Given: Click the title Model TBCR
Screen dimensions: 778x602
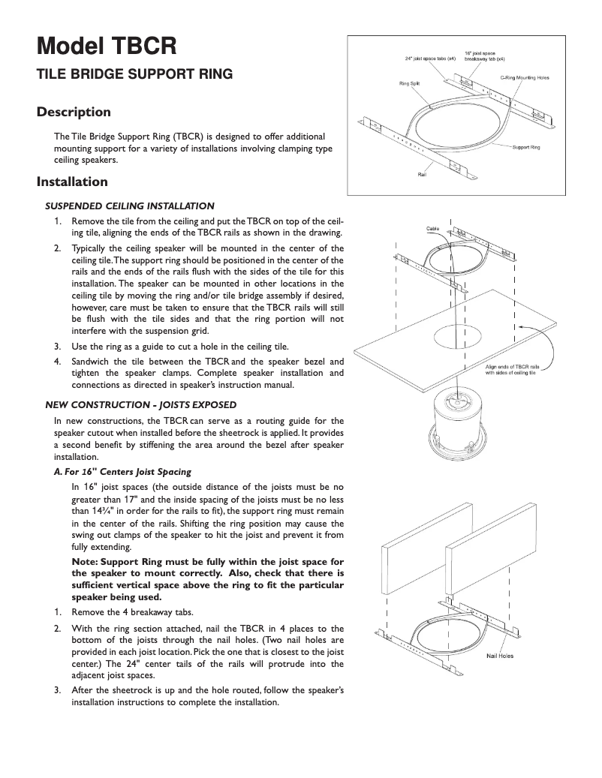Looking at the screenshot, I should point(107,46).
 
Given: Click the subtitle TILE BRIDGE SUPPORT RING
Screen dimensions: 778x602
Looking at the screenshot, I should point(135,74).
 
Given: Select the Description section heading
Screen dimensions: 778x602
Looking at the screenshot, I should point(74,113).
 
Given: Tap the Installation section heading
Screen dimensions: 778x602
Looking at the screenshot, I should point(73,182).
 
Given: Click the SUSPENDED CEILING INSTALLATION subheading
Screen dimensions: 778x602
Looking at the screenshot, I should point(130,206).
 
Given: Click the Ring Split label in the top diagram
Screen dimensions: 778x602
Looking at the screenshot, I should point(409,83).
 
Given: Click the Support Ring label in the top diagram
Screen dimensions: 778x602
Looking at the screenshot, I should point(525,147).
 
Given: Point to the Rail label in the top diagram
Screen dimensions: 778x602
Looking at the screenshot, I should point(422,175).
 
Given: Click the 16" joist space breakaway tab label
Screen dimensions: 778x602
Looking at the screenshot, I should point(484,55).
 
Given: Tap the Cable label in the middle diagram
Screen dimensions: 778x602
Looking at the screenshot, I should point(433,227).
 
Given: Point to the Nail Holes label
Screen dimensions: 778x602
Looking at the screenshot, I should point(500,656).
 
